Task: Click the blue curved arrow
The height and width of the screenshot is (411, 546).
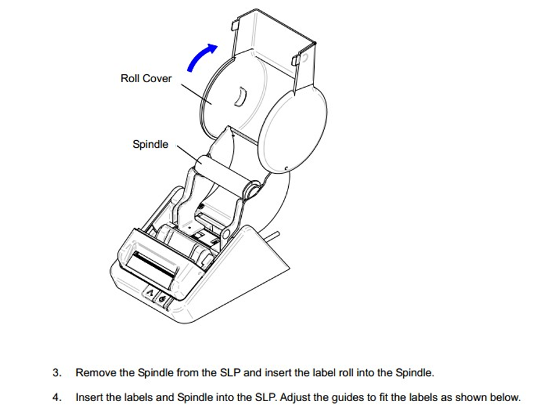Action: point(200,59)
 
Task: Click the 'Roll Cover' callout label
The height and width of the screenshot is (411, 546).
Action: point(146,78)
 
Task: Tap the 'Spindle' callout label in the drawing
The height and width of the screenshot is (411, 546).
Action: point(150,145)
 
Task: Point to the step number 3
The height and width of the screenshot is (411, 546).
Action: point(57,373)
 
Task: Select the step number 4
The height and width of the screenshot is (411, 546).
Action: point(57,397)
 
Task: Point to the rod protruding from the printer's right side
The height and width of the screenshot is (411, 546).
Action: point(274,236)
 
